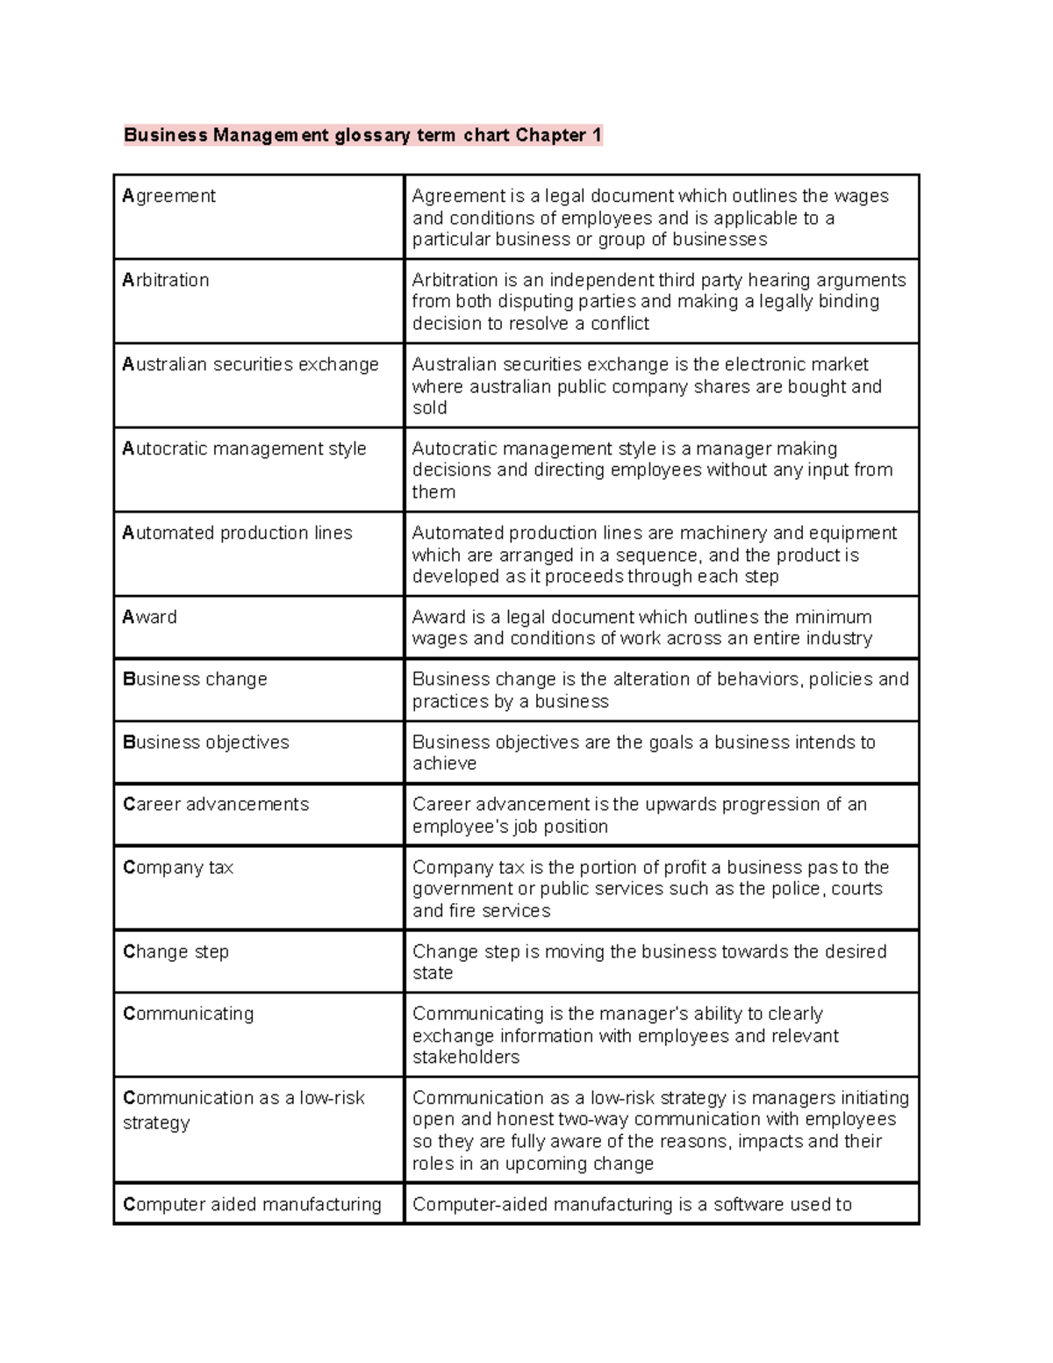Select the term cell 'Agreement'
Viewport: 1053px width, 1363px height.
pos(169,196)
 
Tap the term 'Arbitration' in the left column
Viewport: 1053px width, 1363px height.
pos(166,280)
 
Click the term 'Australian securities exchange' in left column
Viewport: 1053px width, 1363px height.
pos(250,364)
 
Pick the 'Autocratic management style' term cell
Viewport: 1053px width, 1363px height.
pos(244,448)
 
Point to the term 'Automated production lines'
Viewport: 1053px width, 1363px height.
pos(237,533)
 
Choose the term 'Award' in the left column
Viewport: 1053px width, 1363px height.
pos(150,617)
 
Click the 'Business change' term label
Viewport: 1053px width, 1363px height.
pos(195,679)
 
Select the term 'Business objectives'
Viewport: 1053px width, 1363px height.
pos(206,742)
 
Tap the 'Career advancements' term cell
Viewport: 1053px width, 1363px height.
pos(216,805)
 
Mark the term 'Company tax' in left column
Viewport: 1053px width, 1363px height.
pos(178,868)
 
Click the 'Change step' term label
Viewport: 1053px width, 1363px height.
pos(175,952)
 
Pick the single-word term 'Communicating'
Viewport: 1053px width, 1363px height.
pos(189,1014)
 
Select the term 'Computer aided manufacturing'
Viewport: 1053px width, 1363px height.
pos(252,1205)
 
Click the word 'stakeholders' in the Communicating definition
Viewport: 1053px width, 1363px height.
pos(466,1058)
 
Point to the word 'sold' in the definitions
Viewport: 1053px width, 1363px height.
pos(430,408)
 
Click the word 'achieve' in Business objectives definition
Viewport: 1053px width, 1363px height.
pos(445,764)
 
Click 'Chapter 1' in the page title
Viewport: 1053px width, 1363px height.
pos(559,135)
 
